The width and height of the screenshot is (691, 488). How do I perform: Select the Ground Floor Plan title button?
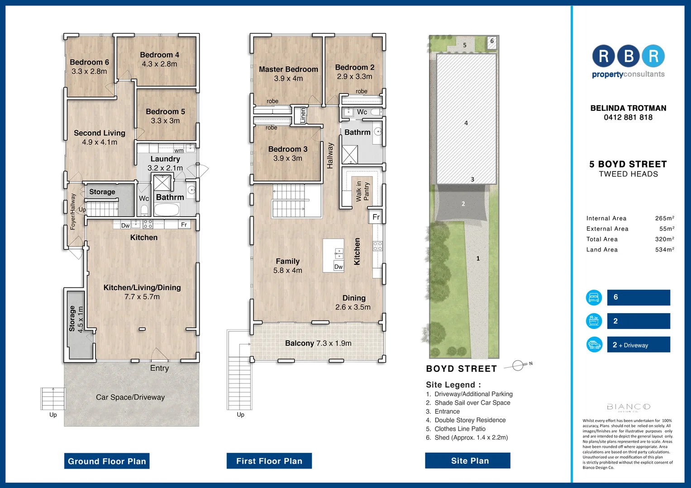107,461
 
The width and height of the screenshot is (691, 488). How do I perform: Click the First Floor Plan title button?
269,461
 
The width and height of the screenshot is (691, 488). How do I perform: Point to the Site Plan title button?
470,460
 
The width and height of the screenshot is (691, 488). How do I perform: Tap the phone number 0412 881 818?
628,117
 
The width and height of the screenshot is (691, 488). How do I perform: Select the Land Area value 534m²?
664,249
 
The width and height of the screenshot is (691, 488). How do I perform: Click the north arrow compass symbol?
519,365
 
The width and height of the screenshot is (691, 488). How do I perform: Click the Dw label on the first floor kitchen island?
338,267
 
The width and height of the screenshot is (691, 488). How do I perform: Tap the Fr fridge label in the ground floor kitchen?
184,225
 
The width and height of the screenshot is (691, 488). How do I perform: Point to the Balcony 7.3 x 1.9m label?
318,343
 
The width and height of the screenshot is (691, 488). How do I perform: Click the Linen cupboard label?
303,115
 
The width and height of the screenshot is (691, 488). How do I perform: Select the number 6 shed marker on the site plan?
492,41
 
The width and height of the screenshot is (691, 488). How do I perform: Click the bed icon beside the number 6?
594,297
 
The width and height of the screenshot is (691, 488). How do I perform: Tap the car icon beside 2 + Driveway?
594,345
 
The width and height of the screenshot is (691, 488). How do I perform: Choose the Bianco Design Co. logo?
628,408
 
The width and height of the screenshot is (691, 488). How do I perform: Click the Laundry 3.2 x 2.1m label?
165,163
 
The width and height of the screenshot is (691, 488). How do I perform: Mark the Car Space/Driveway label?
130,397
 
